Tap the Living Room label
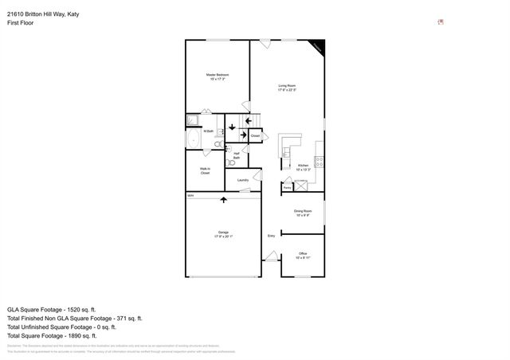(x=287, y=88)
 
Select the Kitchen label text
(x=303, y=167)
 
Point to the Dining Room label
(x=303, y=213)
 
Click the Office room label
(x=303, y=256)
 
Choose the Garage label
(x=224, y=234)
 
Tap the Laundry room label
(x=243, y=180)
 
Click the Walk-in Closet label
(x=205, y=171)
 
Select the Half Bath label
(x=237, y=155)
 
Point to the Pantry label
(x=286, y=187)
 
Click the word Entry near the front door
(x=271, y=236)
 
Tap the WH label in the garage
(x=190, y=195)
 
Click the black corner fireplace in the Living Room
(x=319, y=47)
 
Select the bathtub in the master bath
(x=194, y=139)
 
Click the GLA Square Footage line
(x=52, y=309)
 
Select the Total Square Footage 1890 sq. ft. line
(x=57, y=335)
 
